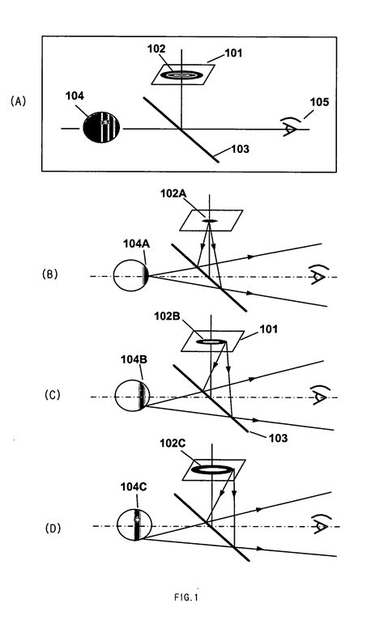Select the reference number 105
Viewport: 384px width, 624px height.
317,102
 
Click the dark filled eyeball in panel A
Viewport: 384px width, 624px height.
101,129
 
